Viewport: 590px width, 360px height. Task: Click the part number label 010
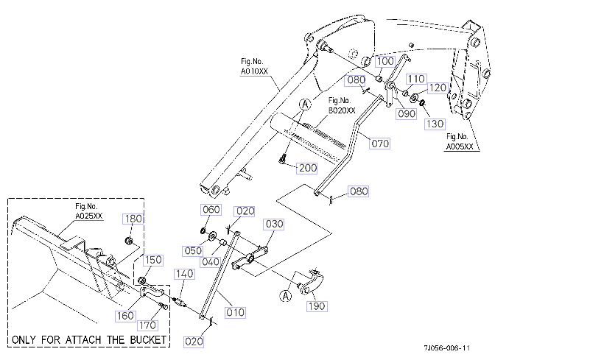[235, 312]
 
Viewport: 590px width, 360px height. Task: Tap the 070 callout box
[380, 144]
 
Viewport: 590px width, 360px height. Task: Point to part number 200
[307, 168]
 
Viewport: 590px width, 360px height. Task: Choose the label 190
[316, 306]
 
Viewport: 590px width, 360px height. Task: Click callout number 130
[435, 123]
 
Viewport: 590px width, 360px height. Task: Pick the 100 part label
[384, 61]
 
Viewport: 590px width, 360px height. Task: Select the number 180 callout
[134, 219]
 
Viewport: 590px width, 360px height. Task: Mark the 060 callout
[211, 211]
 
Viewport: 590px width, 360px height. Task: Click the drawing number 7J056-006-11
[446, 347]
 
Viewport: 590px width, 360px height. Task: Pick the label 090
[407, 114]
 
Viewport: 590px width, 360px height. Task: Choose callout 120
[437, 88]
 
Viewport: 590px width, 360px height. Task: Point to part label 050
[194, 250]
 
